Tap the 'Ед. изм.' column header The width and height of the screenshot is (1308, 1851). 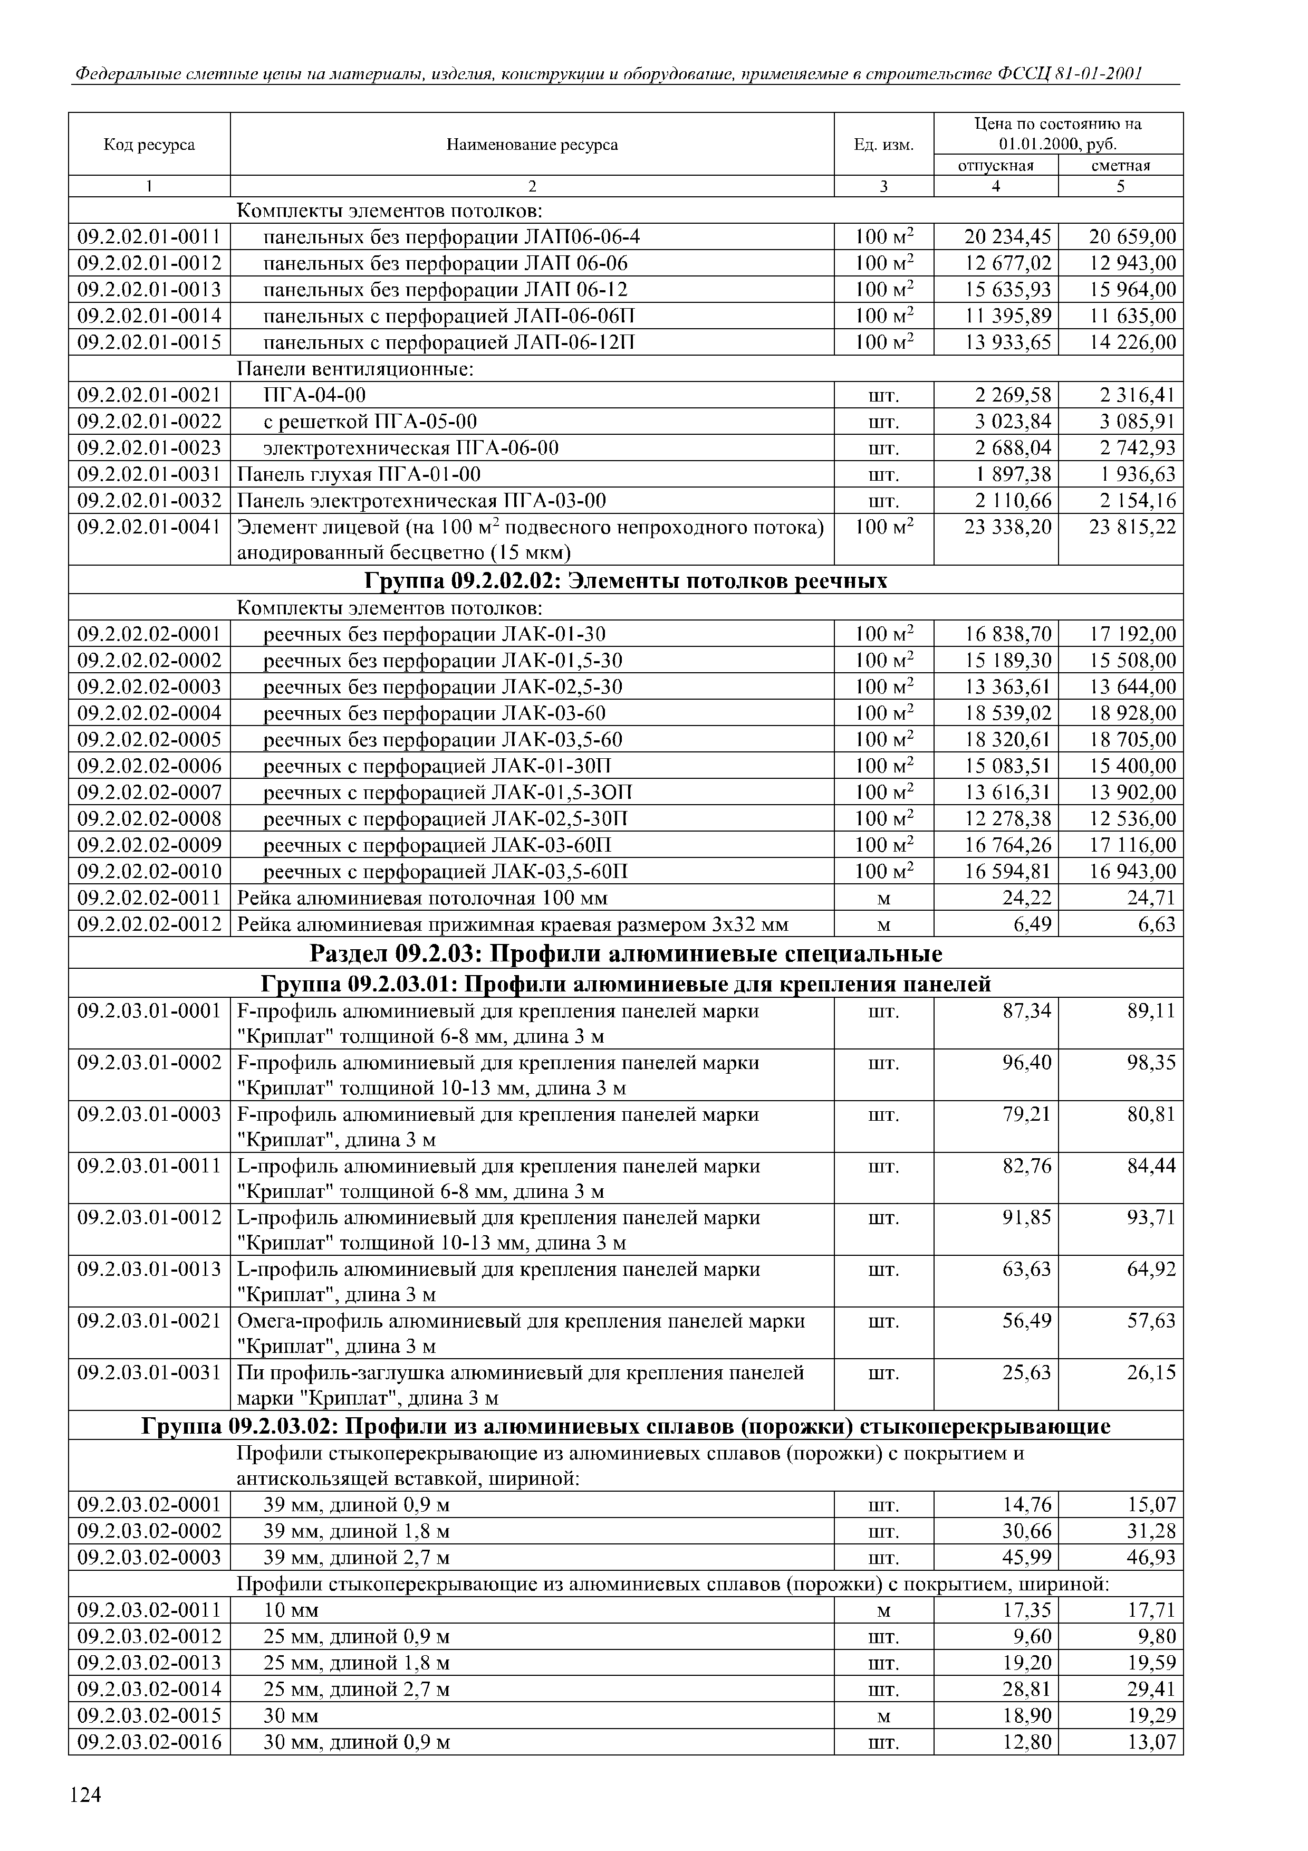883,145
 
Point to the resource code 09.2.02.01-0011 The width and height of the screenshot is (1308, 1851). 149,237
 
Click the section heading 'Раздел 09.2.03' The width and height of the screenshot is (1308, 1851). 626,953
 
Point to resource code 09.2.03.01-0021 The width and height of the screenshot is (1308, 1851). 149,1321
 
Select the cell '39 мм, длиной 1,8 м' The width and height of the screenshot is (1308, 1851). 357,1531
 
